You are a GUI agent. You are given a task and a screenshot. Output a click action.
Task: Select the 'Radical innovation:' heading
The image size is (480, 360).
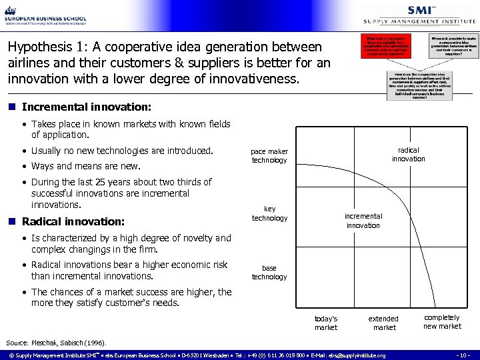73,221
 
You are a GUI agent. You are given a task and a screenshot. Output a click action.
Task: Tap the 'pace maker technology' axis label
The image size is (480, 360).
269,156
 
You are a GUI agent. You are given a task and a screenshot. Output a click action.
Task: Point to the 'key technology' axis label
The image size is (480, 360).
269,214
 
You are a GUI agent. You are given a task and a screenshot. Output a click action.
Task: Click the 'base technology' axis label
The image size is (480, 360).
269,273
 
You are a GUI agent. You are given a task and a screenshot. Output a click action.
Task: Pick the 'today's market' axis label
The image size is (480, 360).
326,323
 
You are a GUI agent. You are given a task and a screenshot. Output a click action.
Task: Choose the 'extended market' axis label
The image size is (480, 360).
383,323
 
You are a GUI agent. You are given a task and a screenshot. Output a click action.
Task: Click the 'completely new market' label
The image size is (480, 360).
442,322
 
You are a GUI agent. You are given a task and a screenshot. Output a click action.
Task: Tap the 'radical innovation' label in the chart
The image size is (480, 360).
408,155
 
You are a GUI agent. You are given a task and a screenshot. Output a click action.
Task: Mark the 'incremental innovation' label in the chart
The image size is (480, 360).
363,221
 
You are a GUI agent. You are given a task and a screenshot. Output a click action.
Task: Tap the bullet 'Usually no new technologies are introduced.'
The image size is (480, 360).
122,151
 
